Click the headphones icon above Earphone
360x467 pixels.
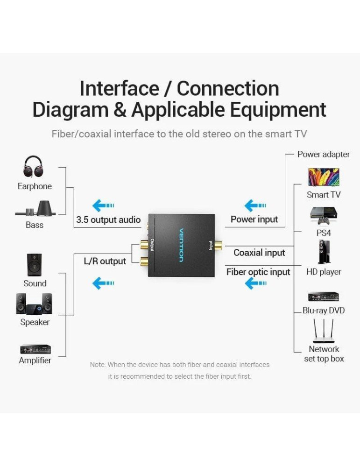pos(33,167)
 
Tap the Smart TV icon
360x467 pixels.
pos(324,177)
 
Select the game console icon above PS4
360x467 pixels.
pos(324,215)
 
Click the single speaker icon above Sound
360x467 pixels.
pos(34,265)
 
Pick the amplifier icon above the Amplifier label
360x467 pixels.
pos(35,349)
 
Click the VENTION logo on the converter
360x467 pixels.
pos(181,245)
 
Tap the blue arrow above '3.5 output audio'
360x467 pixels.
pos(103,205)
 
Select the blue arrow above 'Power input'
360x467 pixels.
pos(255,205)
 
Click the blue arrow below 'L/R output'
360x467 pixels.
pos(103,283)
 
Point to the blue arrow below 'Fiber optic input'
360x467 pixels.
pos(255,283)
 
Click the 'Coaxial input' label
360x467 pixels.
pos(259,253)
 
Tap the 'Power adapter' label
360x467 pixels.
pos(323,154)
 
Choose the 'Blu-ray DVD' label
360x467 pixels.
pos(324,311)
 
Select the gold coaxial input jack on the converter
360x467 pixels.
pos(218,244)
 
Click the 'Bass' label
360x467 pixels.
pos(35,225)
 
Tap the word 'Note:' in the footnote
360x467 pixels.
pos(98,364)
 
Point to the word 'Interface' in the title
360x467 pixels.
pos(119,88)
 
